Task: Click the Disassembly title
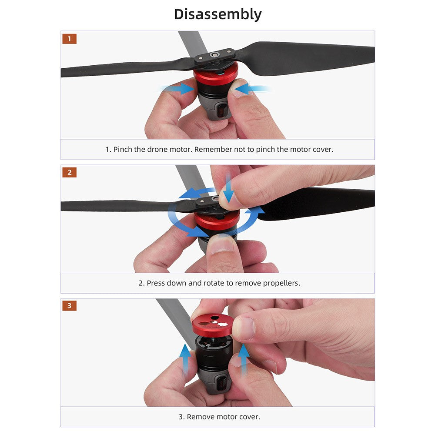(x=218, y=14)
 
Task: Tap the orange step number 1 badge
(x=69, y=39)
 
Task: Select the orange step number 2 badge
(x=69, y=172)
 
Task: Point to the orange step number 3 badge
(x=69, y=306)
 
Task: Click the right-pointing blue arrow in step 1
(x=177, y=88)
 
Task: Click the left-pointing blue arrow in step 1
(x=252, y=89)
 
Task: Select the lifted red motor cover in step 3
(x=213, y=325)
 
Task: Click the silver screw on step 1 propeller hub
(x=214, y=54)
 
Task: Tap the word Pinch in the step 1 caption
(x=123, y=150)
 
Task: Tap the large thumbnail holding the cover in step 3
(x=244, y=328)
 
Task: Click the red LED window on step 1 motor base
(x=221, y=111)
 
